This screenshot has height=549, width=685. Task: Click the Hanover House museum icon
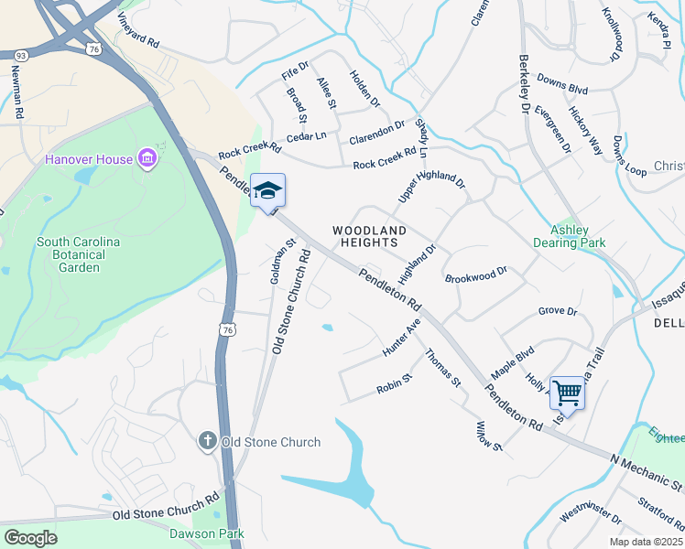coord(147,159)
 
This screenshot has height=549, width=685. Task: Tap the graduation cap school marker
coord(267,190)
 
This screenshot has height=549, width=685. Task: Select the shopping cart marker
coord(567,393)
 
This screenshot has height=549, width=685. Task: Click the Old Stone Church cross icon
coord(208,442)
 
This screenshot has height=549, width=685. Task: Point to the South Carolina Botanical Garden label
coord(80,255)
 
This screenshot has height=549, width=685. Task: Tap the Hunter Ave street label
coord(402,339)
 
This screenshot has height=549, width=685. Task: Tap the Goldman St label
coord(281,261)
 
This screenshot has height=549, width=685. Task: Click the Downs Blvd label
coord(561,84)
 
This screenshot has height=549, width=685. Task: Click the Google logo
coord(30,537)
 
